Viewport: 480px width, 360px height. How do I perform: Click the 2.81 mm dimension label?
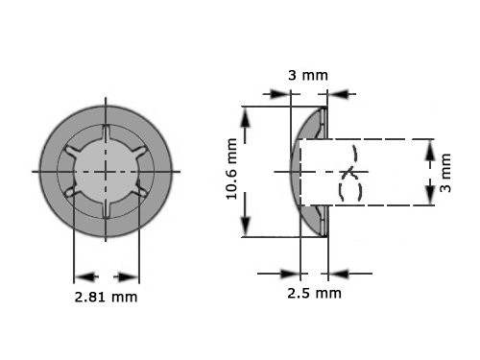[x=106, y=297]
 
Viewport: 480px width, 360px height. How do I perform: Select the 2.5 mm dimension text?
[x=314, y=292]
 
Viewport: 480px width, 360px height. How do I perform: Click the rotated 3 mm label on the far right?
[x=444, y=173]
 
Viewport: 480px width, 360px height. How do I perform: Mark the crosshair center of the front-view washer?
[x=106, y=170]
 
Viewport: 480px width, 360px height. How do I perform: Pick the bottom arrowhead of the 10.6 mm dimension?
[x=247, y=228]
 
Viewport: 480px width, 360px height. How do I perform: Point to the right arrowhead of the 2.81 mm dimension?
[x=131, y=271]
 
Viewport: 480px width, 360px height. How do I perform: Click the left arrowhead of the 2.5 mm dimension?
[x=292, y=272]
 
